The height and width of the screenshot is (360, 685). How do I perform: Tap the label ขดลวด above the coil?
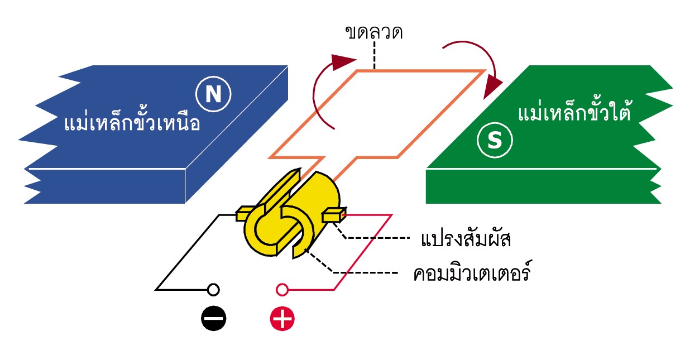point(374,32)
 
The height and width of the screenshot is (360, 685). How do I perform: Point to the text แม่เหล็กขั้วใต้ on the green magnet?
point(574,113)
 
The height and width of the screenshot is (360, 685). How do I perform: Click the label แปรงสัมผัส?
point(466,241)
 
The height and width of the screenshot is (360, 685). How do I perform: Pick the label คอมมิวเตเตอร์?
point(471,275)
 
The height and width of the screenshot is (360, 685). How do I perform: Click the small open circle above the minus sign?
point(213,290)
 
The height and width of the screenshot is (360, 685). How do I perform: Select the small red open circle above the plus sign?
point(282,290)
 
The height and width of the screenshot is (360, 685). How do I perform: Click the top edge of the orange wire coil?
point(419,71)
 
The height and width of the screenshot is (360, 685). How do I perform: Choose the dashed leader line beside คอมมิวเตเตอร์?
point(363,272)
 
